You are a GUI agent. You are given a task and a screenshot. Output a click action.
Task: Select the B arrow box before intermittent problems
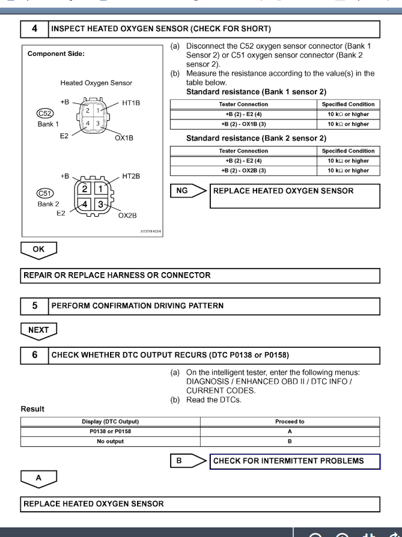coord(186,461)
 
